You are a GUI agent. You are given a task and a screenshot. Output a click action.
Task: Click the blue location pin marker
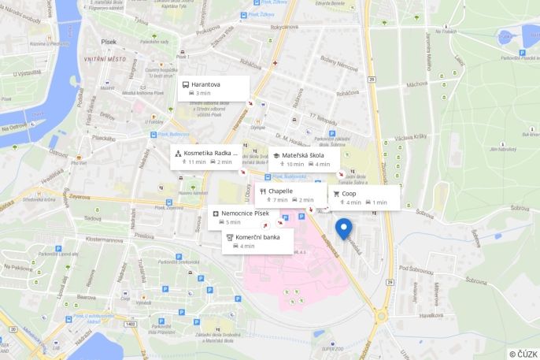(343, 228)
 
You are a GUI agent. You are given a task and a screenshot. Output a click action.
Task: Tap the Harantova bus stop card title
(205, 84)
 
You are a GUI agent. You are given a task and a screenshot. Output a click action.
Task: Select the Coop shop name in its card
(349, 193)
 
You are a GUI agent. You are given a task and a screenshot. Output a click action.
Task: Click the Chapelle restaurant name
(280, 191)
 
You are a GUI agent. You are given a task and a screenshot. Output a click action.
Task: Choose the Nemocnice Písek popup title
(245, 213)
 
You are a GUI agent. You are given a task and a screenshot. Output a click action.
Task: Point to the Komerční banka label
(257, 236)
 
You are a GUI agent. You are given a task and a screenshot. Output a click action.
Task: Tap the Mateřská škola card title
(303, 155)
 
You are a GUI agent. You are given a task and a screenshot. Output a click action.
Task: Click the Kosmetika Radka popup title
(213, 153)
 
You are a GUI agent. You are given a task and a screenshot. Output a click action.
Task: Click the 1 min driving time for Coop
(379, 202)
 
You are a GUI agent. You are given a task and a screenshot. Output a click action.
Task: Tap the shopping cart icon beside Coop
(336, 193)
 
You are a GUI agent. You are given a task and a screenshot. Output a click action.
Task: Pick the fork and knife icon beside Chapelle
(262, 191)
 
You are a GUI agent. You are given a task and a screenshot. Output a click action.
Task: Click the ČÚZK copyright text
(524, 354)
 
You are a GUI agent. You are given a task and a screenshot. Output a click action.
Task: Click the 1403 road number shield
(130, 324)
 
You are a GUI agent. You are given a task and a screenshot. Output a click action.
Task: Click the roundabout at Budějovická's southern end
(382, 315)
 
